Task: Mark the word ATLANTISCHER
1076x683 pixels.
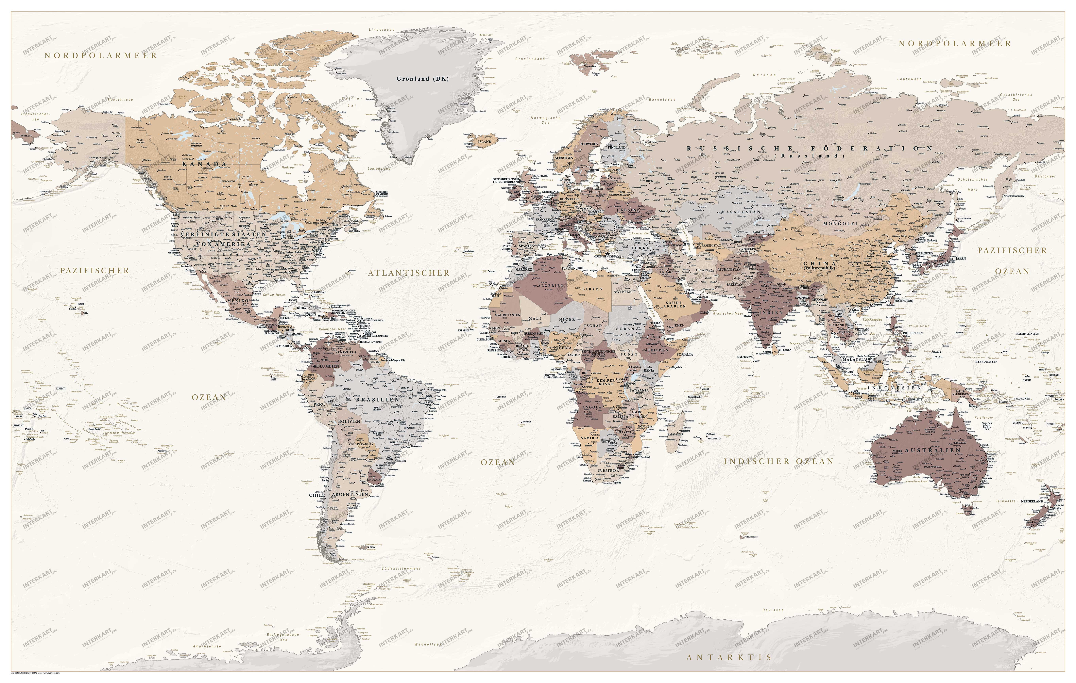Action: click(x=408, y=273)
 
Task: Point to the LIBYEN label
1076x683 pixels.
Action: click(x=592, y=289)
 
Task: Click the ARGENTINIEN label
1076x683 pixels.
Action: click(x=350, y=495)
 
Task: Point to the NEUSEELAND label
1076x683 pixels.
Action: click(x=1032, y=501)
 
